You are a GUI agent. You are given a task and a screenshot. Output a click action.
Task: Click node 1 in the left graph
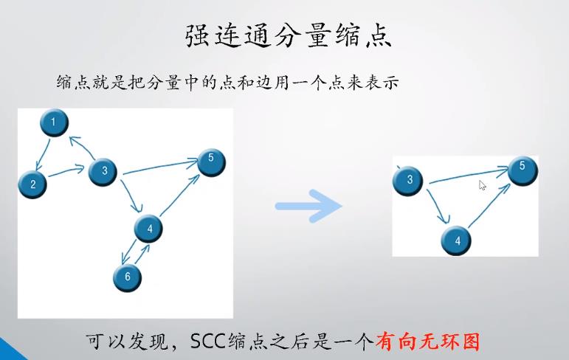(53, 122)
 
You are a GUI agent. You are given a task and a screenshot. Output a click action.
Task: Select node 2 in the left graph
(32, 184)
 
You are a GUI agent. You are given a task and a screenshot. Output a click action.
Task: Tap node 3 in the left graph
(104, 172)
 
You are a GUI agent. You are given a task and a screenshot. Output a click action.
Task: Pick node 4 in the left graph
(149, 229)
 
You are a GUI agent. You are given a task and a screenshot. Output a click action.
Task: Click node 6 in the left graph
(127, 277)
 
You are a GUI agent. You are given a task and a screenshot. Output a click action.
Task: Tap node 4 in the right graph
(457, 240)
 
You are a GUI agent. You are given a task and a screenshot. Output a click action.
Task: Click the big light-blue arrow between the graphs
(308, 206)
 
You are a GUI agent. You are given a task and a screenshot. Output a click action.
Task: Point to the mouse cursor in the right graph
(482, 184)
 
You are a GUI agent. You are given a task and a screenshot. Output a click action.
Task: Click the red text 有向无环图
(428, 342)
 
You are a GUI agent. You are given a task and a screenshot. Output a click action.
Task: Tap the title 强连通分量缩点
(286, 36)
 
